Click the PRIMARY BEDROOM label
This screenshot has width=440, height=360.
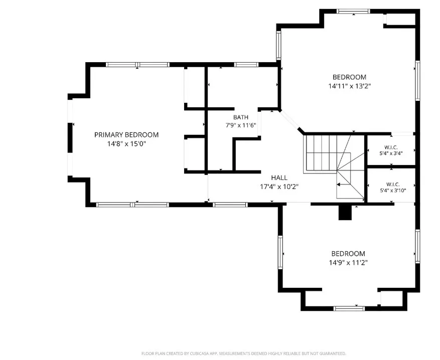pos(126,135)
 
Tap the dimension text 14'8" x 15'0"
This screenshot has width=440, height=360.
pos(126,144)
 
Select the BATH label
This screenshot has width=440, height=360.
pos(241,117)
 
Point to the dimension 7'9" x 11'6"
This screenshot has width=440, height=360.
pos(241,125)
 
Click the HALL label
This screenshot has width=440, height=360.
pos(279,177)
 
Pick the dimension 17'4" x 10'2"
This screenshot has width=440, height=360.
pos(279,187)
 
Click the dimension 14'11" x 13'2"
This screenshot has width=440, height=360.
pos(350,86)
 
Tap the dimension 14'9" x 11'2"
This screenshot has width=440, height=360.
pos(348,263)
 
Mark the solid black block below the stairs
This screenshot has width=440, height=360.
pos(345,213)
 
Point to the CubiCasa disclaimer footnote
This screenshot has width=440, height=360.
pos(243,353)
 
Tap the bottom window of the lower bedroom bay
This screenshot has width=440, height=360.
pos(349,308)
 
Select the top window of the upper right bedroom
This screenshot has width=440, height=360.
pos(353,11)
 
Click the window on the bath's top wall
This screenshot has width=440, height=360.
pos(246,65)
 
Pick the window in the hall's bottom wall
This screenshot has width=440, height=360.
pos(230,205)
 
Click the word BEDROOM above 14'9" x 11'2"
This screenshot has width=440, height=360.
pos(348,254)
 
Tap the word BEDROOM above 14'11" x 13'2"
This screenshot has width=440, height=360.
pos(349,77)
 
